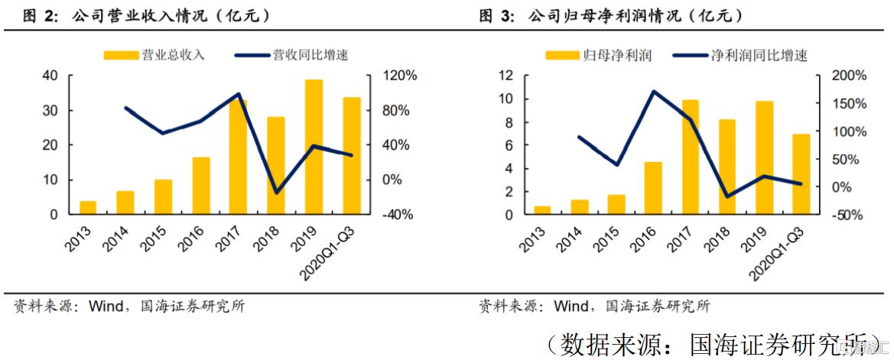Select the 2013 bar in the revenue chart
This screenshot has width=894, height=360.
(88, 207)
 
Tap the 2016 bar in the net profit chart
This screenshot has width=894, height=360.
(652, 188)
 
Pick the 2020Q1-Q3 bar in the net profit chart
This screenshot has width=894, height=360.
(801, 174)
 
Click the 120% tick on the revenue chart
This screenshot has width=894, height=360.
(398, 76)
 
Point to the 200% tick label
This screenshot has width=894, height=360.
(850, 76)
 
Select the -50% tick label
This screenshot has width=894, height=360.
(849, 215)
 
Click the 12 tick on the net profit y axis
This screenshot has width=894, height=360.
(504, 76)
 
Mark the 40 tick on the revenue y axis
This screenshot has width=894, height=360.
(50, 76)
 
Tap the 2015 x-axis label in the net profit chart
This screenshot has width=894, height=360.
(604, 239)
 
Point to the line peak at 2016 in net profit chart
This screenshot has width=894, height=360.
(654, 91)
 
